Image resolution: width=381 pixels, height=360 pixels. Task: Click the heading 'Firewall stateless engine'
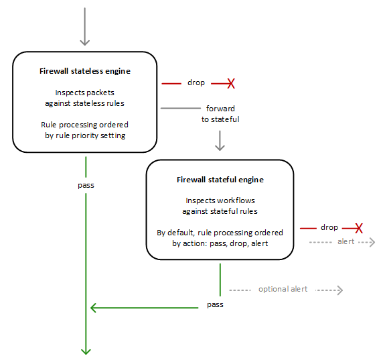click(x=85, y=71)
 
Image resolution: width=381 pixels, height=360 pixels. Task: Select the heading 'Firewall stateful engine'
click(x=220, y=180)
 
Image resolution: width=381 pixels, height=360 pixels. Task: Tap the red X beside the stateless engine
click(x=231, y=83)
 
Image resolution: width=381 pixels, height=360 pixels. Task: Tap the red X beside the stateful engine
click(x=359, y=228)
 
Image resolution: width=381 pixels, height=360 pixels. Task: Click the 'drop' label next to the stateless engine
click(x=196, y=82)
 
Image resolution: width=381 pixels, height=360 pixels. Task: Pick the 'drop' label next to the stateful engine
click(x=329, y=227)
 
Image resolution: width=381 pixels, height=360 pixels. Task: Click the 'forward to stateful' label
click(x=220, y=114)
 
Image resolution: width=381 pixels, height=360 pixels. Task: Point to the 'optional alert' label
click(x=283, y=289)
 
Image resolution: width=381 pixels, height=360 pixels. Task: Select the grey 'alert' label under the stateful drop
click(x=346, y=241)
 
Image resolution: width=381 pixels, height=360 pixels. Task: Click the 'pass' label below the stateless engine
click(x=86, y=185)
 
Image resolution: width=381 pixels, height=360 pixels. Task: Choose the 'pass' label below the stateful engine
click(x=215, y=304)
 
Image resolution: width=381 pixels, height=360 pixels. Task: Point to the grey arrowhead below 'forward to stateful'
click(x=220, y=147)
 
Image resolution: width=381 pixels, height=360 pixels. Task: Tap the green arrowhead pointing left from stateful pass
click(x=94, y=308)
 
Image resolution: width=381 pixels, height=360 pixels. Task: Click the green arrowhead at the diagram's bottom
click(x=86, y=352)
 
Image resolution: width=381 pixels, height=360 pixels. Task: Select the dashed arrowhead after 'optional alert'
click(x=340, y=290)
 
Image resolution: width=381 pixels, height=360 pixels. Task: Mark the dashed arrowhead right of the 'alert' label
click(x=372, y=242)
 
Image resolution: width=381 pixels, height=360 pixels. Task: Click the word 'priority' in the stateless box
click(x=85, y=135)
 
